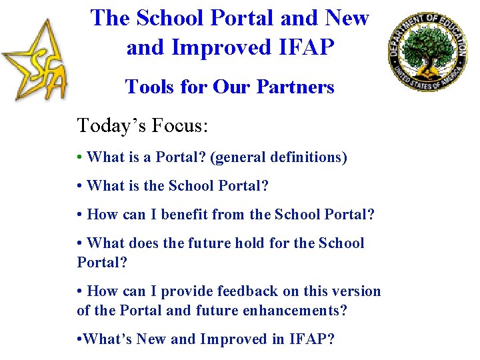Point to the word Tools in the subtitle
(147, 87)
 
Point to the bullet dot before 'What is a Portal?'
(80, 158)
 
